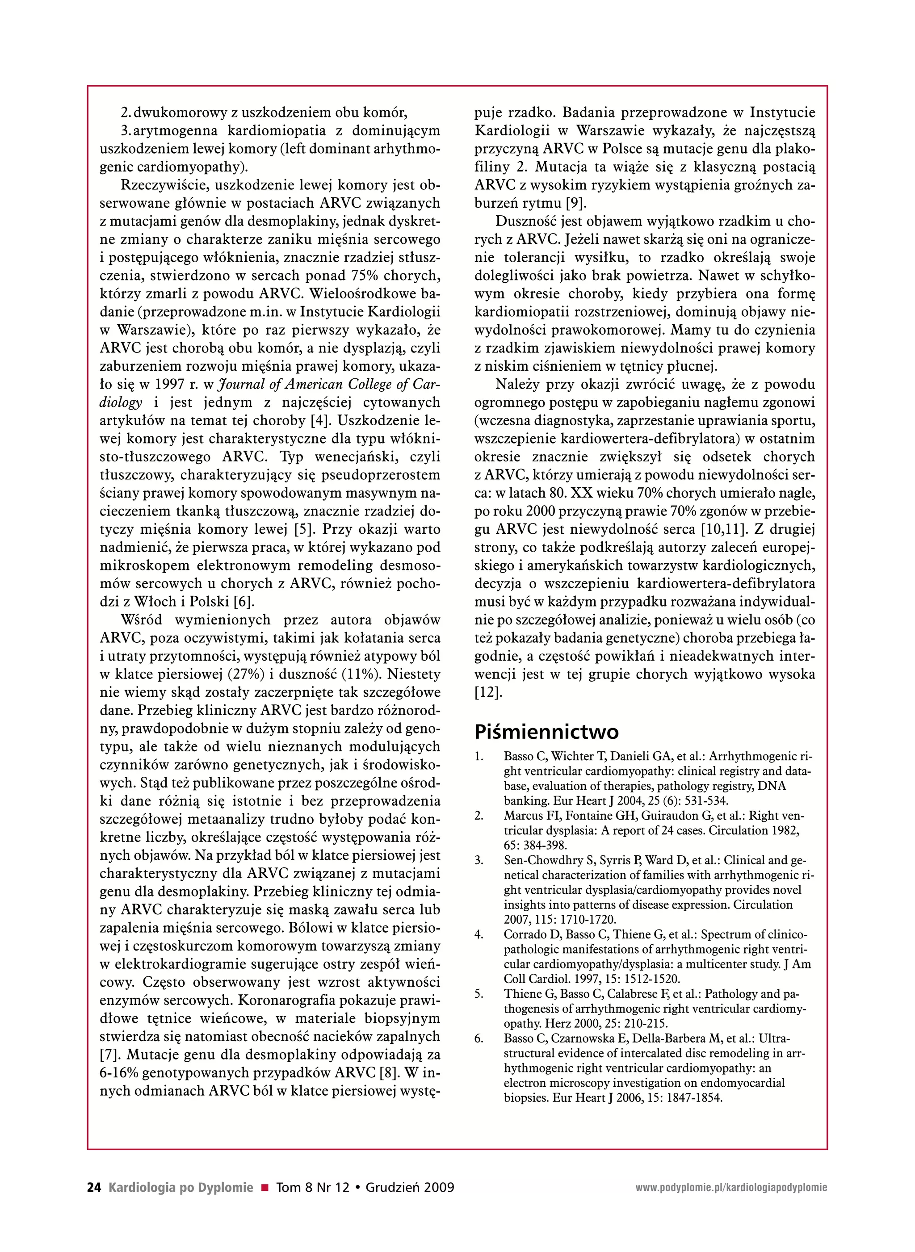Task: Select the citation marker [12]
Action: point(488,693)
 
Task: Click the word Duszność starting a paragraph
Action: point(525,222)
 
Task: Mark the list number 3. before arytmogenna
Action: point(125,131)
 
